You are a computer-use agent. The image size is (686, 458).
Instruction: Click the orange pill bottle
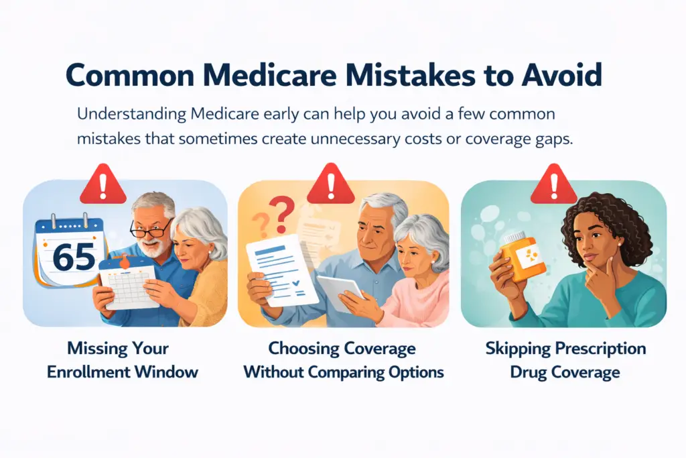click(x=524, y=258)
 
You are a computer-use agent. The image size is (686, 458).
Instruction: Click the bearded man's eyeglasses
click(x=151, y=230)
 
